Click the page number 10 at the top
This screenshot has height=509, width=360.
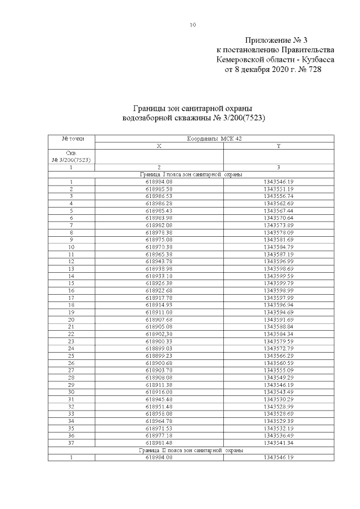[x=193, y=25]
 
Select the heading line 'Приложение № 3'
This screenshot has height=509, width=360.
[x=277, y=40]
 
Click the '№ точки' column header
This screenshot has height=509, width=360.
[x=71, y=138]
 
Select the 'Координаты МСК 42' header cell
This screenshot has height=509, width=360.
[x=214, y=138]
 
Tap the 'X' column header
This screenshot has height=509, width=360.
[x=159, y=146]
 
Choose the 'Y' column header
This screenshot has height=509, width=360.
[x=278, y=146]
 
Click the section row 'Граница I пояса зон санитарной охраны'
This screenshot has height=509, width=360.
[x=191, y=174]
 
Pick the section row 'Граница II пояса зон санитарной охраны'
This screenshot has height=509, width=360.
[x=191, y=451]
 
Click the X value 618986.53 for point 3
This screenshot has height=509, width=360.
[x=159, y=196]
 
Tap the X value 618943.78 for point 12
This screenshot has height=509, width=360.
[x=159, y=261]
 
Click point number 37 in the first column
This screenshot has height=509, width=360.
[x=71, y=443]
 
